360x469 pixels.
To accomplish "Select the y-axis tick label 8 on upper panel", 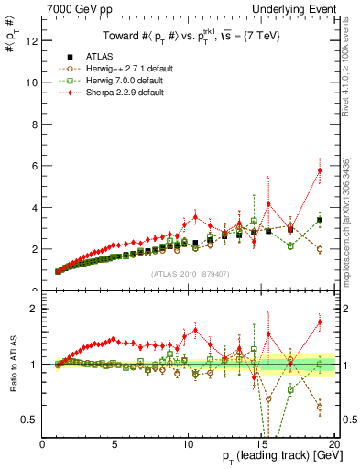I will click(33, 124).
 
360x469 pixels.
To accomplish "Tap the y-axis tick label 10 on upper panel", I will click(30, 82).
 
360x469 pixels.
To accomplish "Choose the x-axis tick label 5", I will click(115, 446).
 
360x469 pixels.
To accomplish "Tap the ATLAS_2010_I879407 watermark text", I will click(189, 273).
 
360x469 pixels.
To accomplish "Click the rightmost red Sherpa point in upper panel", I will click(320, 170).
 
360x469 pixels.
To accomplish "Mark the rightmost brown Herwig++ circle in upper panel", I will click(320, 249).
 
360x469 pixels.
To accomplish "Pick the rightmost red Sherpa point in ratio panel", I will click(320, 322).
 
